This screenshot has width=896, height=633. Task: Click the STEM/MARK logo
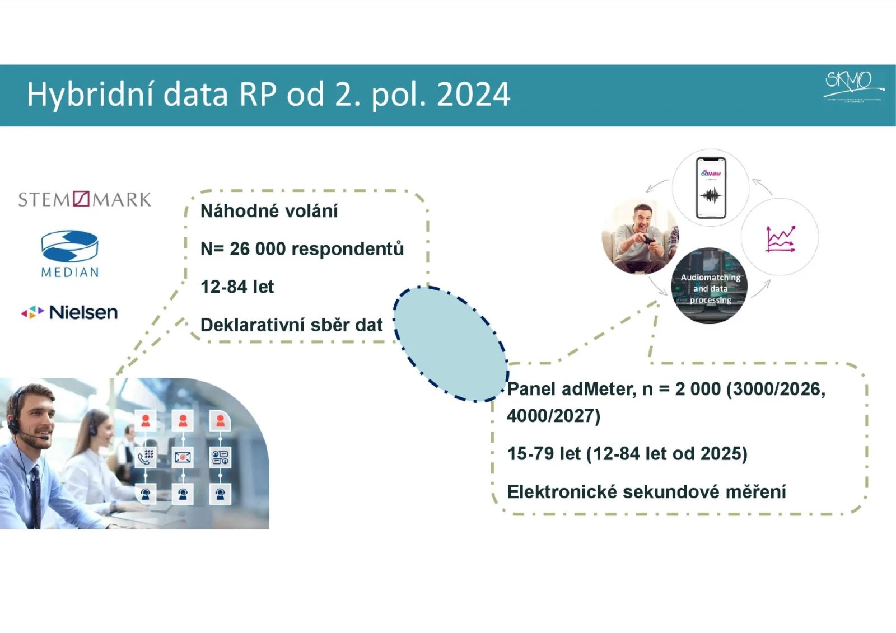click(x=85, y=199)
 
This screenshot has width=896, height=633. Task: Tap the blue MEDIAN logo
click(x=70, y=254)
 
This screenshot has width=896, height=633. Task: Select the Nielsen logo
click(x=69, y=312)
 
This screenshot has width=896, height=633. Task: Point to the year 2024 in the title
click(x=473, y=95)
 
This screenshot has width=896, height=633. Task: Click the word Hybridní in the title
click(x=90, y=95)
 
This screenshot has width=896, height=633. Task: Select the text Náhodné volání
click(x=269, y=211)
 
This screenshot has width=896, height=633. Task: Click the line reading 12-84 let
click(x=237, y=287)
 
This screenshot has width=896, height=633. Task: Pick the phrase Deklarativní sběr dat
click(x=291, y=325)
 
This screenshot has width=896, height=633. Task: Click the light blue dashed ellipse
click(x=450, y=344)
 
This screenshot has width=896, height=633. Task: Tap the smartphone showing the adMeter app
click(x=711, y=187)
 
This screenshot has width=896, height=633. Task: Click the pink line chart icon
click(x=780, y=239)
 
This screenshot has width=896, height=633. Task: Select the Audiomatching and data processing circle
click(x=710, y=287)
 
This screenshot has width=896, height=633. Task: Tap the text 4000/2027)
click(x=553, y=416)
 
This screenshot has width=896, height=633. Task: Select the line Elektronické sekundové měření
click(x=646, y=491)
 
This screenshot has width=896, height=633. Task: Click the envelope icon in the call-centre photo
click(x=183, y=457)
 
